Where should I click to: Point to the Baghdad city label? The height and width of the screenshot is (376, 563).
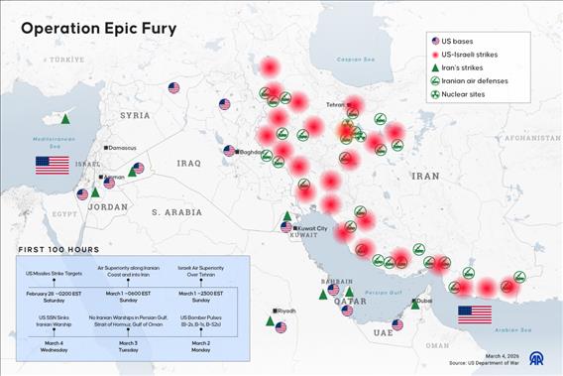coord(251,152)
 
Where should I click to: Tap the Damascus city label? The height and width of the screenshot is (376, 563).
coord(122,148)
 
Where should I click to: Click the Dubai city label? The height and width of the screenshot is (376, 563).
coord(423,300)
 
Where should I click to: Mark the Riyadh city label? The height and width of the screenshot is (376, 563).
coord(284,311)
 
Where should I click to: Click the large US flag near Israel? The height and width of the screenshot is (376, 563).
coord(52,165)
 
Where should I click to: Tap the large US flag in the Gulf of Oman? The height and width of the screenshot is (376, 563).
coord(474,314)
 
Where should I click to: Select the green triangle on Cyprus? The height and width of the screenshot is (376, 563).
coord(65,118)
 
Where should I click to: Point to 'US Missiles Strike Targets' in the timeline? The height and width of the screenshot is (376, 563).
coord(54,273)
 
